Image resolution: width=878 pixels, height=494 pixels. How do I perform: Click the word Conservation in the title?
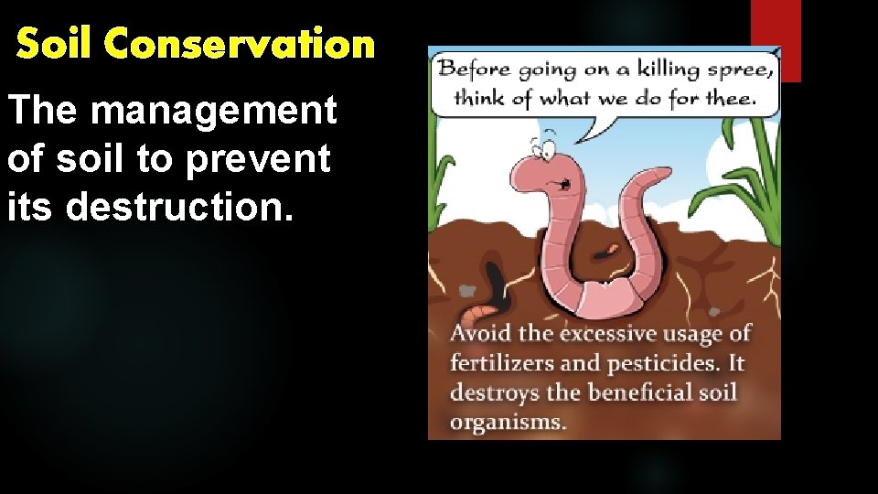click(240, 43)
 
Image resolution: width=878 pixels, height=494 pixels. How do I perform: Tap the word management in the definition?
click(215, 112)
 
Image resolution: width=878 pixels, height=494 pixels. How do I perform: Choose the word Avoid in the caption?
click(478, 334)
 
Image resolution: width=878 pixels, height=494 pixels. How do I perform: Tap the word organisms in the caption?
click(508, 422)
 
